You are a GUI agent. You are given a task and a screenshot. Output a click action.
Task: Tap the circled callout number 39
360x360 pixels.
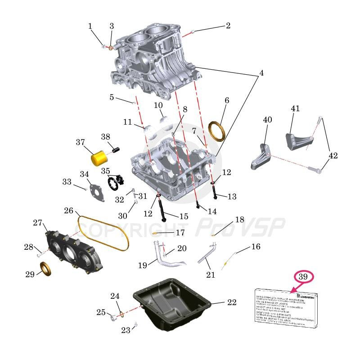tap(303, 277)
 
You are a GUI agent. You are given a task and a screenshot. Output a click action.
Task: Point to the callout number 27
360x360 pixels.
tap(37, 223)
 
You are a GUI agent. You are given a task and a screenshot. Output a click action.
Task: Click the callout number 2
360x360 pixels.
tap(228, 26)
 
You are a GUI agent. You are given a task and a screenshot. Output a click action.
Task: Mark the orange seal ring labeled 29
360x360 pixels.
tap(46, 270)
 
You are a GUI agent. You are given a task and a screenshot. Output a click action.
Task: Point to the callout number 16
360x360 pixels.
tap(256, 247)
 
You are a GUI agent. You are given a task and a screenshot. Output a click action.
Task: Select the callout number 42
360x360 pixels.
tap(333, 156)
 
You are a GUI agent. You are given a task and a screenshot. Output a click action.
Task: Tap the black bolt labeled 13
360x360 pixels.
tap(215, 191)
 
